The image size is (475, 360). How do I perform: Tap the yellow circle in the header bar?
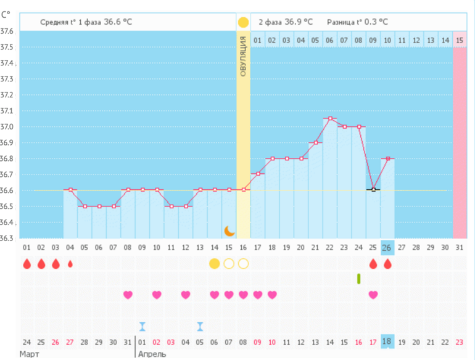tap(243, 22)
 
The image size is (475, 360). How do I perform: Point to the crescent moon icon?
tap(229, 231)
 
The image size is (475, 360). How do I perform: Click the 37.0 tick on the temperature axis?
tap(7, 127)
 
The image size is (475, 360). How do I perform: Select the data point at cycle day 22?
tap(330, 118)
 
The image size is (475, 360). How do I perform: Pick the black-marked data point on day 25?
tap(373, 190)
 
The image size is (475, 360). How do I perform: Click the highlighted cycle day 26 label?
tap(387, 247)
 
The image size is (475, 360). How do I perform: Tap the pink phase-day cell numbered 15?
tap(460, 40)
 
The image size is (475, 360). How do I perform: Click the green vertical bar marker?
tap(358, 279)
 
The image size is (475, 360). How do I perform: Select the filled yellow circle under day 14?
tap(214, 264)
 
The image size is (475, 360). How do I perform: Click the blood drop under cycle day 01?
tap(27, 264)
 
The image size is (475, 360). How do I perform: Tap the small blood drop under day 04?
tap(70, 264)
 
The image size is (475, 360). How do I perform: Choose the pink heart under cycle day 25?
tap(373, 295)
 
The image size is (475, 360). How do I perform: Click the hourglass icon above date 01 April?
tap(142, 326)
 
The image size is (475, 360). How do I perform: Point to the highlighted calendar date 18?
tap(387, 342)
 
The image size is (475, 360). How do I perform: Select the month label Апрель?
tap(152, 354)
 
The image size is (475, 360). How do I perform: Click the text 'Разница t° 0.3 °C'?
tap(357, 22)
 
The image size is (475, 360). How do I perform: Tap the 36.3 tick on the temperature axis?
tap(7, 238)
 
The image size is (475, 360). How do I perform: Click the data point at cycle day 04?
tap(70, 190)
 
